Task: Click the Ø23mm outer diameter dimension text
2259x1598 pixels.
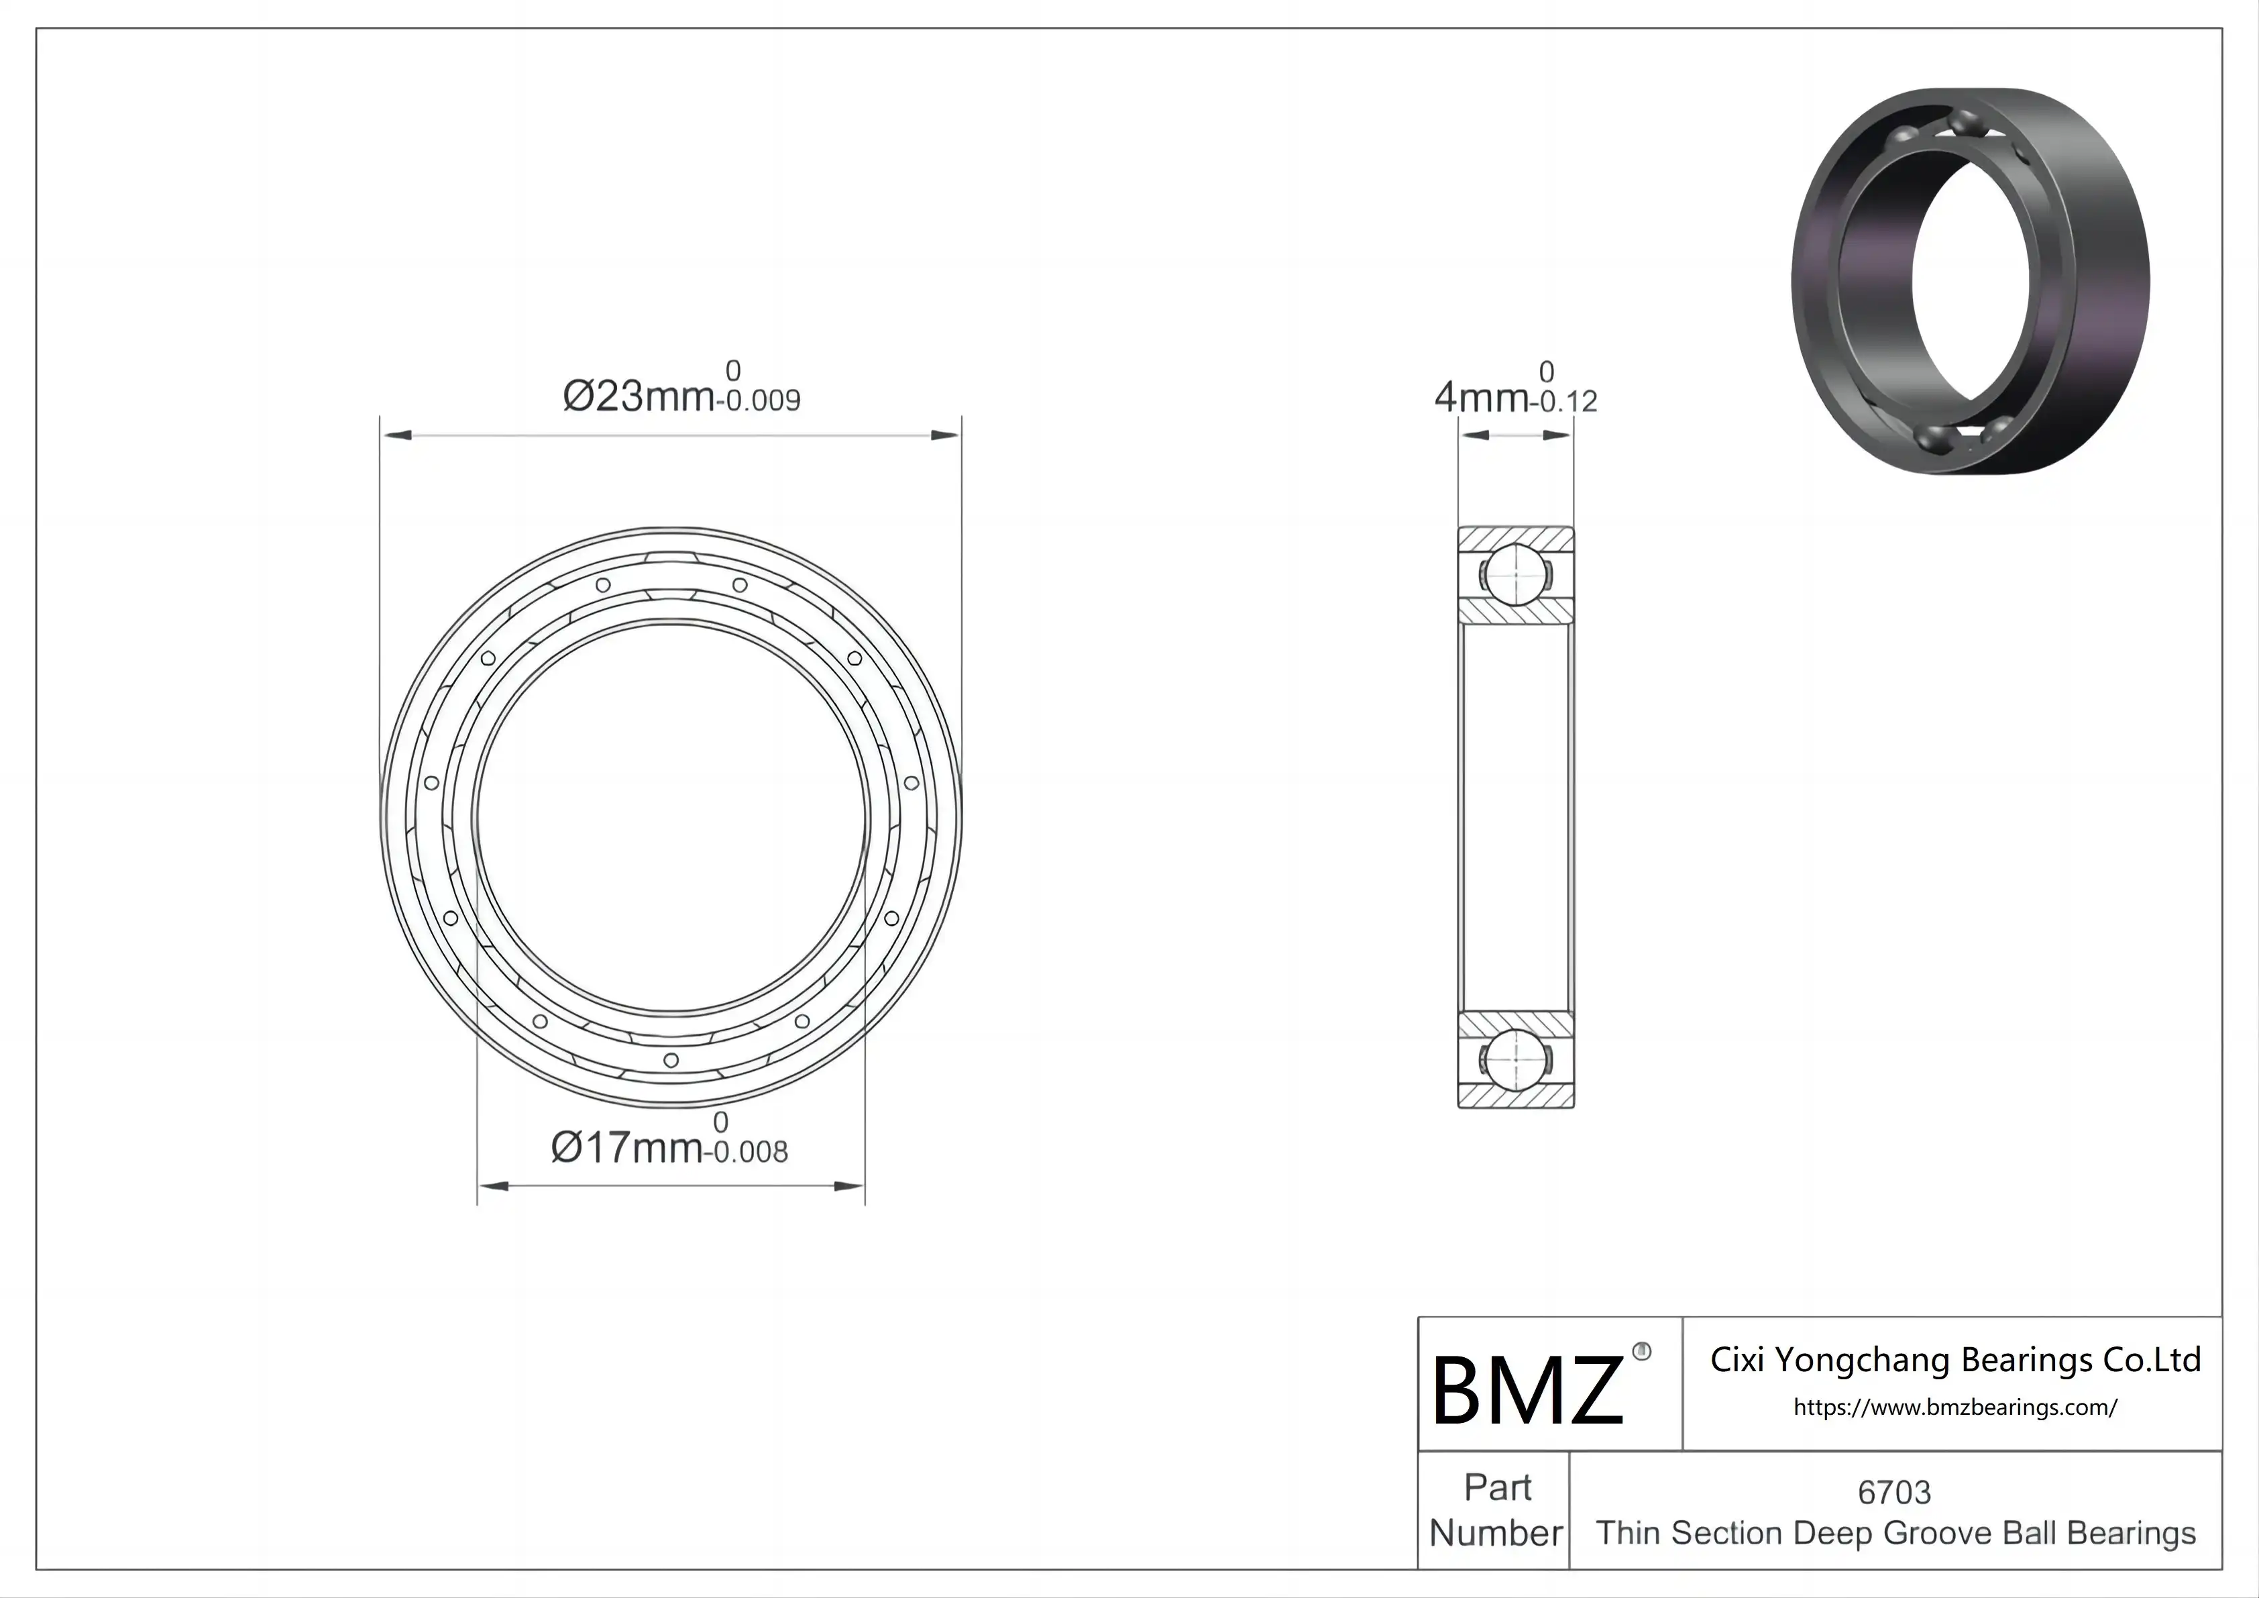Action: click(638, 396)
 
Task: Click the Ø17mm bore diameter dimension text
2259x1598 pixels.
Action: click(626, 1147)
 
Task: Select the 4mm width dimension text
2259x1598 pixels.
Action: click(1481, 398)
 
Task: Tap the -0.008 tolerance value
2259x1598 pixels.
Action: click(746, 1153)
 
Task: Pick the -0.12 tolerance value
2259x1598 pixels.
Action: click(1563, 401)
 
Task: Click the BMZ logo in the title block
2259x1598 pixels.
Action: click(1527, 1389)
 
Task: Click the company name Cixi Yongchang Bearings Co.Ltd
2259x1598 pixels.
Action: click(1955, 1360)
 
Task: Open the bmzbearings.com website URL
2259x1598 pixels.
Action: click(1955, 1407)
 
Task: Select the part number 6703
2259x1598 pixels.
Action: click(1894, 1493)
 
